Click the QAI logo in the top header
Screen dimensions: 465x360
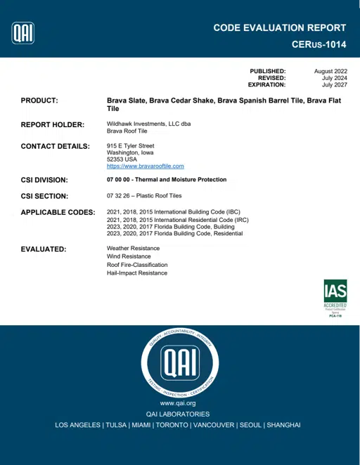click(23, 32)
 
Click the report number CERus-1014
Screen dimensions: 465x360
click(319, 44)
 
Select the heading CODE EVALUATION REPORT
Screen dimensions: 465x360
click(279, 28)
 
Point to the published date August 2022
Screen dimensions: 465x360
click(330, 71)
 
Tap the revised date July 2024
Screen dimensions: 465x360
click(335, 78)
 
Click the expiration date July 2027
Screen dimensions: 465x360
click(335, 84)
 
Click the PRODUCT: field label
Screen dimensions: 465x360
click(39, 101)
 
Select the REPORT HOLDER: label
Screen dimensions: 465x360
click(53, 124)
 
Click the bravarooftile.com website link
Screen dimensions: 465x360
click(145, 166)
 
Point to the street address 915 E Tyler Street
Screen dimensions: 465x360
click(130, 145)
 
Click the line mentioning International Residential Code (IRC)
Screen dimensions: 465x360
click(177, 219)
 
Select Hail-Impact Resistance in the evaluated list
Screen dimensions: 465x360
click(137, 273)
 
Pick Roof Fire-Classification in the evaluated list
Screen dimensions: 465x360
click(137, 265)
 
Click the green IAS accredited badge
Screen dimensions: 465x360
click(335, 299)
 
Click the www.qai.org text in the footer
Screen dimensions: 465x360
click(177, 403)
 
